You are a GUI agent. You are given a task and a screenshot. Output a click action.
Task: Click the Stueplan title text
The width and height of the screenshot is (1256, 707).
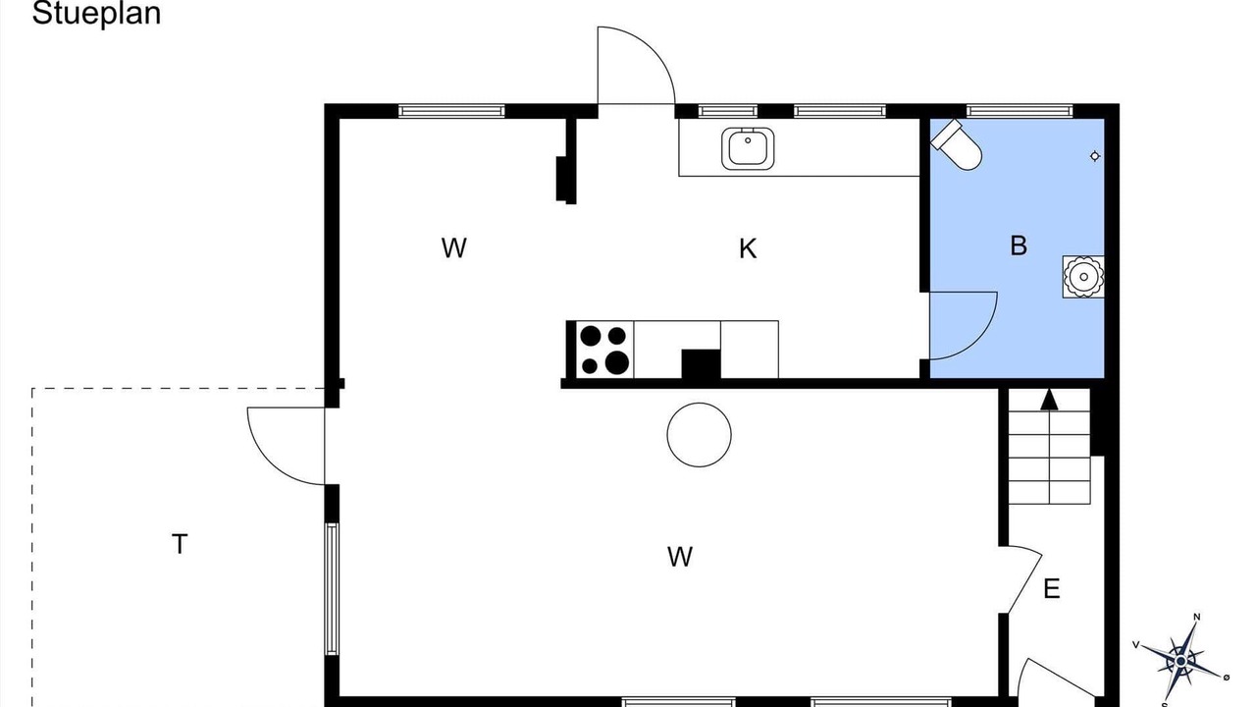click(x=96, y=14)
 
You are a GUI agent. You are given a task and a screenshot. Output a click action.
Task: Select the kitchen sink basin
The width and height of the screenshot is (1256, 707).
click(x=748, y=148)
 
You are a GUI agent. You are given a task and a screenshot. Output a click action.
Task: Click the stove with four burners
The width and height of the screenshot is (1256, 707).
click(x=604, y=350)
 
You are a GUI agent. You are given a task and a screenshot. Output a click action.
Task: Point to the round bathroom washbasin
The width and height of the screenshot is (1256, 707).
click(x=1083, y=277)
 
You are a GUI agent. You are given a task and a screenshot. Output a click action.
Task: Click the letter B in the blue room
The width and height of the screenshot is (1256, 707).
click(x=1019, y=245)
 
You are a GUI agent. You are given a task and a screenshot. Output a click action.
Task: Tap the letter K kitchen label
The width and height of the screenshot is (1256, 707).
click(x=748, y=248)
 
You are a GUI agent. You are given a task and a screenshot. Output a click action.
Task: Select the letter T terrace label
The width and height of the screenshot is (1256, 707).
click(x=180, y=544)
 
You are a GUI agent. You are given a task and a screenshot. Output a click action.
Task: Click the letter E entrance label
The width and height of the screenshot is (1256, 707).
click(x=1052, y=589)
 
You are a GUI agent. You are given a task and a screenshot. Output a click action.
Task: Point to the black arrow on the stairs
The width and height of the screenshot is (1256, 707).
click(x=1049, y=399)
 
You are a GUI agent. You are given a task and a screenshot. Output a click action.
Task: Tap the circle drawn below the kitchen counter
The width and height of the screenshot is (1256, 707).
click(x=700, y=434)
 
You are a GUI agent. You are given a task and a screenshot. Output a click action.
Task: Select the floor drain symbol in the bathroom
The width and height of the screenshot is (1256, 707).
click(x=1094, y=156)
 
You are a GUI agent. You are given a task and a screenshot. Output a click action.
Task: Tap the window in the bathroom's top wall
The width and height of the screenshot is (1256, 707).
click(x=1020, y=111)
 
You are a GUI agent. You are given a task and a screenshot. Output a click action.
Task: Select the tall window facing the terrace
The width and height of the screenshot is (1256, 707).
click(x=332, y=588)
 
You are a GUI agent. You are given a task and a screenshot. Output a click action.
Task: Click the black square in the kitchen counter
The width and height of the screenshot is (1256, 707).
click(x=701, y=364)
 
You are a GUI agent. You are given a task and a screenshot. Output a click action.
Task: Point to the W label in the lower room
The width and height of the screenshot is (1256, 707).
click(x=680, y=557)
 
